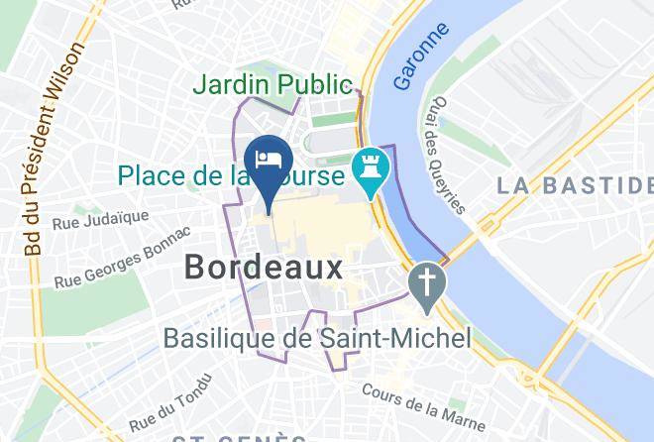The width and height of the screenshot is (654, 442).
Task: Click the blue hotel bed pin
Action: pos(269,161)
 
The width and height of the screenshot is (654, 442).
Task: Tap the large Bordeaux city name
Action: pos(264,267)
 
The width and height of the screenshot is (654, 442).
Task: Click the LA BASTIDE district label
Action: pos(576,184)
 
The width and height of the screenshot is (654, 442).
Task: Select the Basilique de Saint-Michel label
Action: pos(317,339)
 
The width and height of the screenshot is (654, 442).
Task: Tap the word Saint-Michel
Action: pos(396,339)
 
